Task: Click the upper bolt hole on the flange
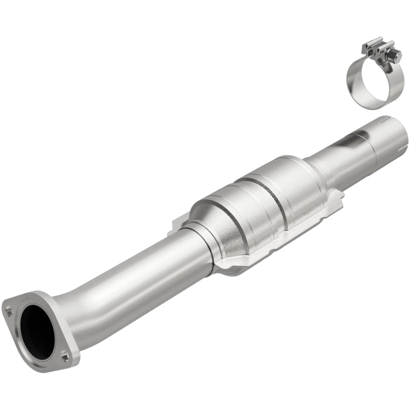(x=9, y=310)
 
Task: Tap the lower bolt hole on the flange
(x=64, y=353)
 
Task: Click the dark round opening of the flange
(x=37, y=329)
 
